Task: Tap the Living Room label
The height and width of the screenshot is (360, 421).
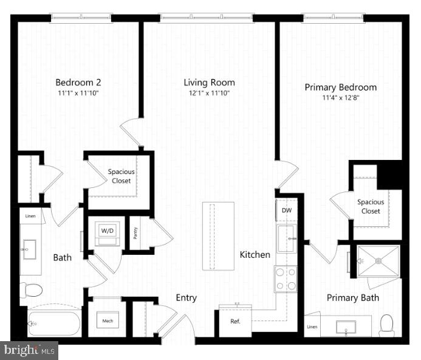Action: (210, 83)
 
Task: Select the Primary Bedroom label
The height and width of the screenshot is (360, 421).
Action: (340, 88)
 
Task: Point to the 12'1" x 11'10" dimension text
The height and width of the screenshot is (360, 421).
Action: (210, 93)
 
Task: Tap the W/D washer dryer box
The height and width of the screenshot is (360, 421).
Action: (108, 231)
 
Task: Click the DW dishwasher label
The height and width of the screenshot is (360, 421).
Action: (287, 210)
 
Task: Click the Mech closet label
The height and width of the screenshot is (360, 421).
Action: (108, 321)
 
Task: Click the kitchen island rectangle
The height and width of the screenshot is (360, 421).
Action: (218, 236)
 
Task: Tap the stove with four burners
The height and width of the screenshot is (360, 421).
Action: (285, 279)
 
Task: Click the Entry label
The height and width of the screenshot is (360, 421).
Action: (186, 297)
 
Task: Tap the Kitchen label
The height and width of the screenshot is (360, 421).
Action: (255, 255)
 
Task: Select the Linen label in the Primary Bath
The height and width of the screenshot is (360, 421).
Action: (312, 328)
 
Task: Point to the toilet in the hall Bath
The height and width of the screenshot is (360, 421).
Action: (30, 289)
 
